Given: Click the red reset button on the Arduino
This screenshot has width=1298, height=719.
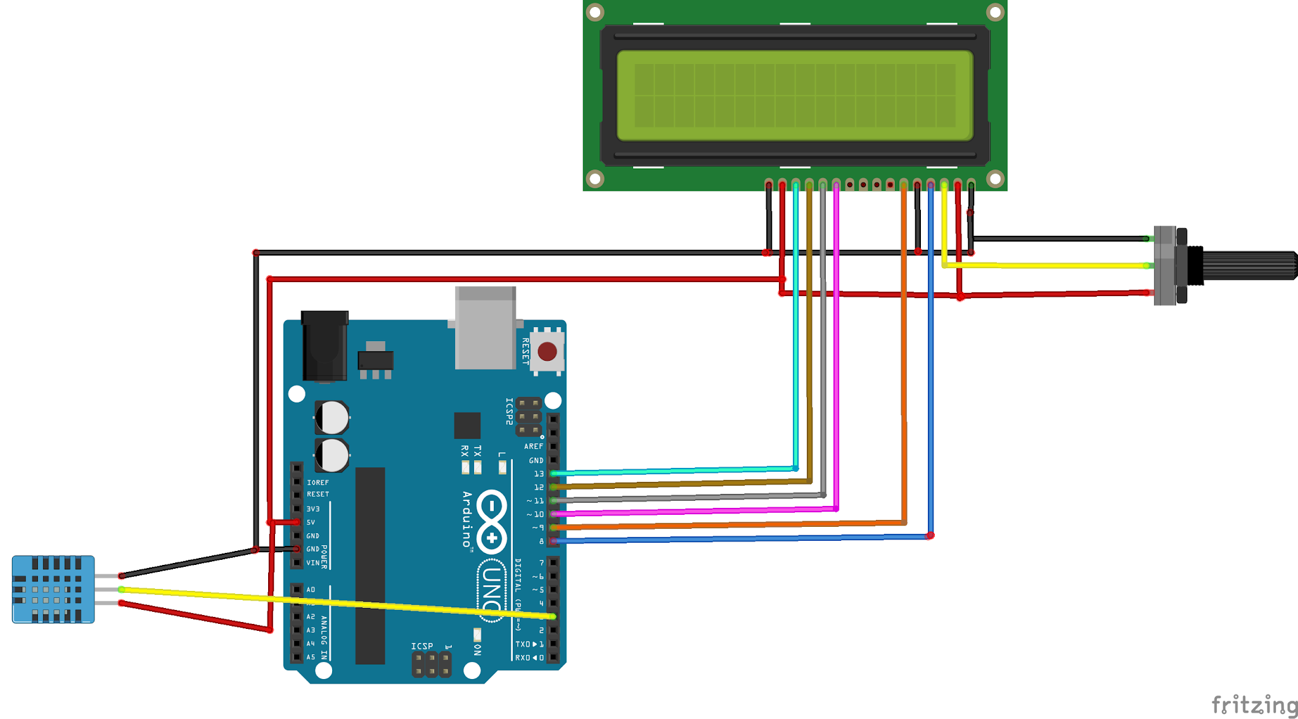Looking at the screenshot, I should pyautogui.click(x=547, y=351).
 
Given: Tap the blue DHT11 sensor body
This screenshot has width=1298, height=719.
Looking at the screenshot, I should pyautogui.click(x=53, y=590).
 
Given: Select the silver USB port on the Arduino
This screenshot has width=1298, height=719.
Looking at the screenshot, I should pyautogui.click(x=485, y=328).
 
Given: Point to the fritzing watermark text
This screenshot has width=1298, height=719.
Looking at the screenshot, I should pyautogui.click(x=1254, y=705).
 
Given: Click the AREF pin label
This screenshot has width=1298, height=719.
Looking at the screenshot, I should pyautogui.click(x=533, y=446).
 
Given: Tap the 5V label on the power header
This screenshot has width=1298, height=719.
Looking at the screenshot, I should pyautogui.click(x=311, y=522).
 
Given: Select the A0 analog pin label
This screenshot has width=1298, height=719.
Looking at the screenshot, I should pyautogui.click(x=311, y=590).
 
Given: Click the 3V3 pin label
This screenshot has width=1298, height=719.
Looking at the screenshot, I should pyautogui.click(x=313, y=509).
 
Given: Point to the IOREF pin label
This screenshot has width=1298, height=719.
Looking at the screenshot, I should pyautogui.click(x=318, y=483).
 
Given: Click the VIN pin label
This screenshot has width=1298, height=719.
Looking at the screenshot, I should pyautogui.click(x=313, y=563).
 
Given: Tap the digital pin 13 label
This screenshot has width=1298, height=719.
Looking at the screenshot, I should pyautogui.click(x=539, y=474).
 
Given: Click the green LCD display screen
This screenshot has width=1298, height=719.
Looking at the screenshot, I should pyautogui.click(x=795, y=96).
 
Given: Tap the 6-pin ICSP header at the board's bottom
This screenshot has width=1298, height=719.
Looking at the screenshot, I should pyautogui.click(x=432, y=665).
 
